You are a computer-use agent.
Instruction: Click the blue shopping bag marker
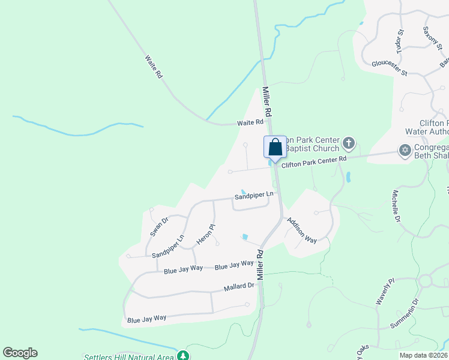[275, 148]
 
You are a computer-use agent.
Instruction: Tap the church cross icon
[349, 143]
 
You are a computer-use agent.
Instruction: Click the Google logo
[20, 353]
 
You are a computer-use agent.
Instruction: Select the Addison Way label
[301, 230]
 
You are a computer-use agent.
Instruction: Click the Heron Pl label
[206, 235]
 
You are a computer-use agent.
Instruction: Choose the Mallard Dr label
[239, 287]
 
